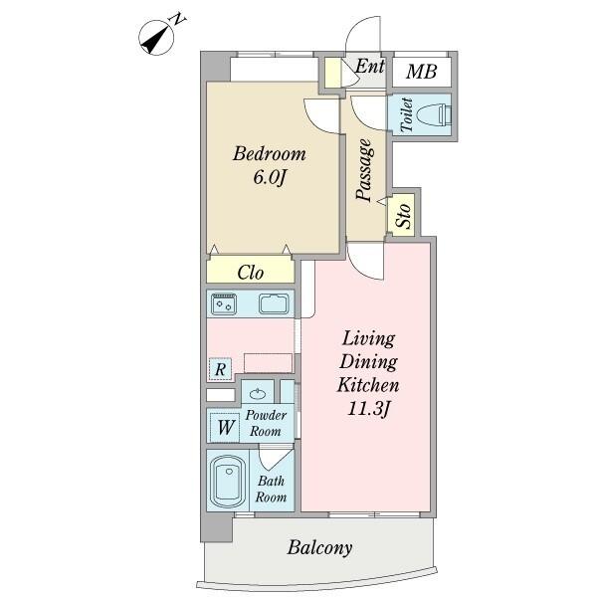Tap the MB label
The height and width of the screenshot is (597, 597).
(421, 72)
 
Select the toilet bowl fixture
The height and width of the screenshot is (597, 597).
(434, 114)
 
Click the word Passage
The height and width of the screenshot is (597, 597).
(365, 169)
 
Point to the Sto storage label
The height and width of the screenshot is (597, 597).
(403, 215)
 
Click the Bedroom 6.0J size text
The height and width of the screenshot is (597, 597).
(270, 177)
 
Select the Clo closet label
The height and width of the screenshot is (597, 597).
(250, 273)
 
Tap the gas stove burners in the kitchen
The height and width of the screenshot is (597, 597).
(224, 303)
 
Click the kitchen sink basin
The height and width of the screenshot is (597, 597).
(274, 303)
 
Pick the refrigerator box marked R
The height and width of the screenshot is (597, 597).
(221, 369)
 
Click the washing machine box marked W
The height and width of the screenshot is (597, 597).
(225, 427)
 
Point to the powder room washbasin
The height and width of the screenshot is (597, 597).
(259, 393)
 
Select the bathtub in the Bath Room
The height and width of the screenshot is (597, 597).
(228, 482)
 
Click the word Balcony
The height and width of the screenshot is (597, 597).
(319, 547)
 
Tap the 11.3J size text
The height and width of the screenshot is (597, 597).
(368, 409)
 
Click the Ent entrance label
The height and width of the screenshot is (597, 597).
(370, 67)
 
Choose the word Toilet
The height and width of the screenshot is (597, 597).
(407, 114)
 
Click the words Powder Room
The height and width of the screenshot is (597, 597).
(266, 423)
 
